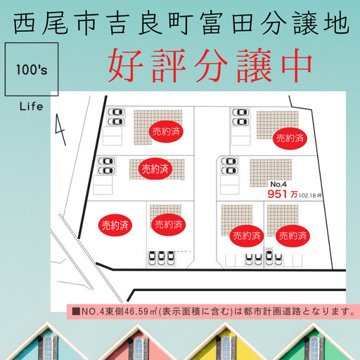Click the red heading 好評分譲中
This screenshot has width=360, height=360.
click(x=210, y=65)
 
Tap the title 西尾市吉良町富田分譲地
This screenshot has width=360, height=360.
click(x=181, y=24)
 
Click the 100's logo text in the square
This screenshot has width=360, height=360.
click(x=32, y=70)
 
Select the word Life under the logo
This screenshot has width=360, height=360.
click(x=31, y=107)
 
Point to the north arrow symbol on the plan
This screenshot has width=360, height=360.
click(x=60, y=129)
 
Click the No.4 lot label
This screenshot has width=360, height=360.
click(x=278, y=184)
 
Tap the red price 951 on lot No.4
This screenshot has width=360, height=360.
click(x=277, y=194)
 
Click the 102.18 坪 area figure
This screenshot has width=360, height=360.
click(x=310, y=195)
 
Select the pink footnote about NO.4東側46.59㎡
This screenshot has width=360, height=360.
click(x=214, y=311)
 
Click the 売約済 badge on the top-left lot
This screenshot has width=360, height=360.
click(x=166, y=131)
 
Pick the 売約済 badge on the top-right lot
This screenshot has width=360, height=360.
click(x=290, y=139)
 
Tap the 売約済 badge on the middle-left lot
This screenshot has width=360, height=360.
click(x=155, y=169)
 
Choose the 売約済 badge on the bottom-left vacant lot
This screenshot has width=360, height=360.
click(x=115, y=225)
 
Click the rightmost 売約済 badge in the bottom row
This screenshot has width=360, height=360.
click(x=292, y=236)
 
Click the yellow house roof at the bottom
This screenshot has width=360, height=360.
click(x=226, y=342)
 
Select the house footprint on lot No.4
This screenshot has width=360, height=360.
click(x=271, y=173)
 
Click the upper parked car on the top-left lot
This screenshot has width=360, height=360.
click(x=116, y=112)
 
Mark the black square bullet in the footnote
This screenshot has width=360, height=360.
click(x=76, y=311)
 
